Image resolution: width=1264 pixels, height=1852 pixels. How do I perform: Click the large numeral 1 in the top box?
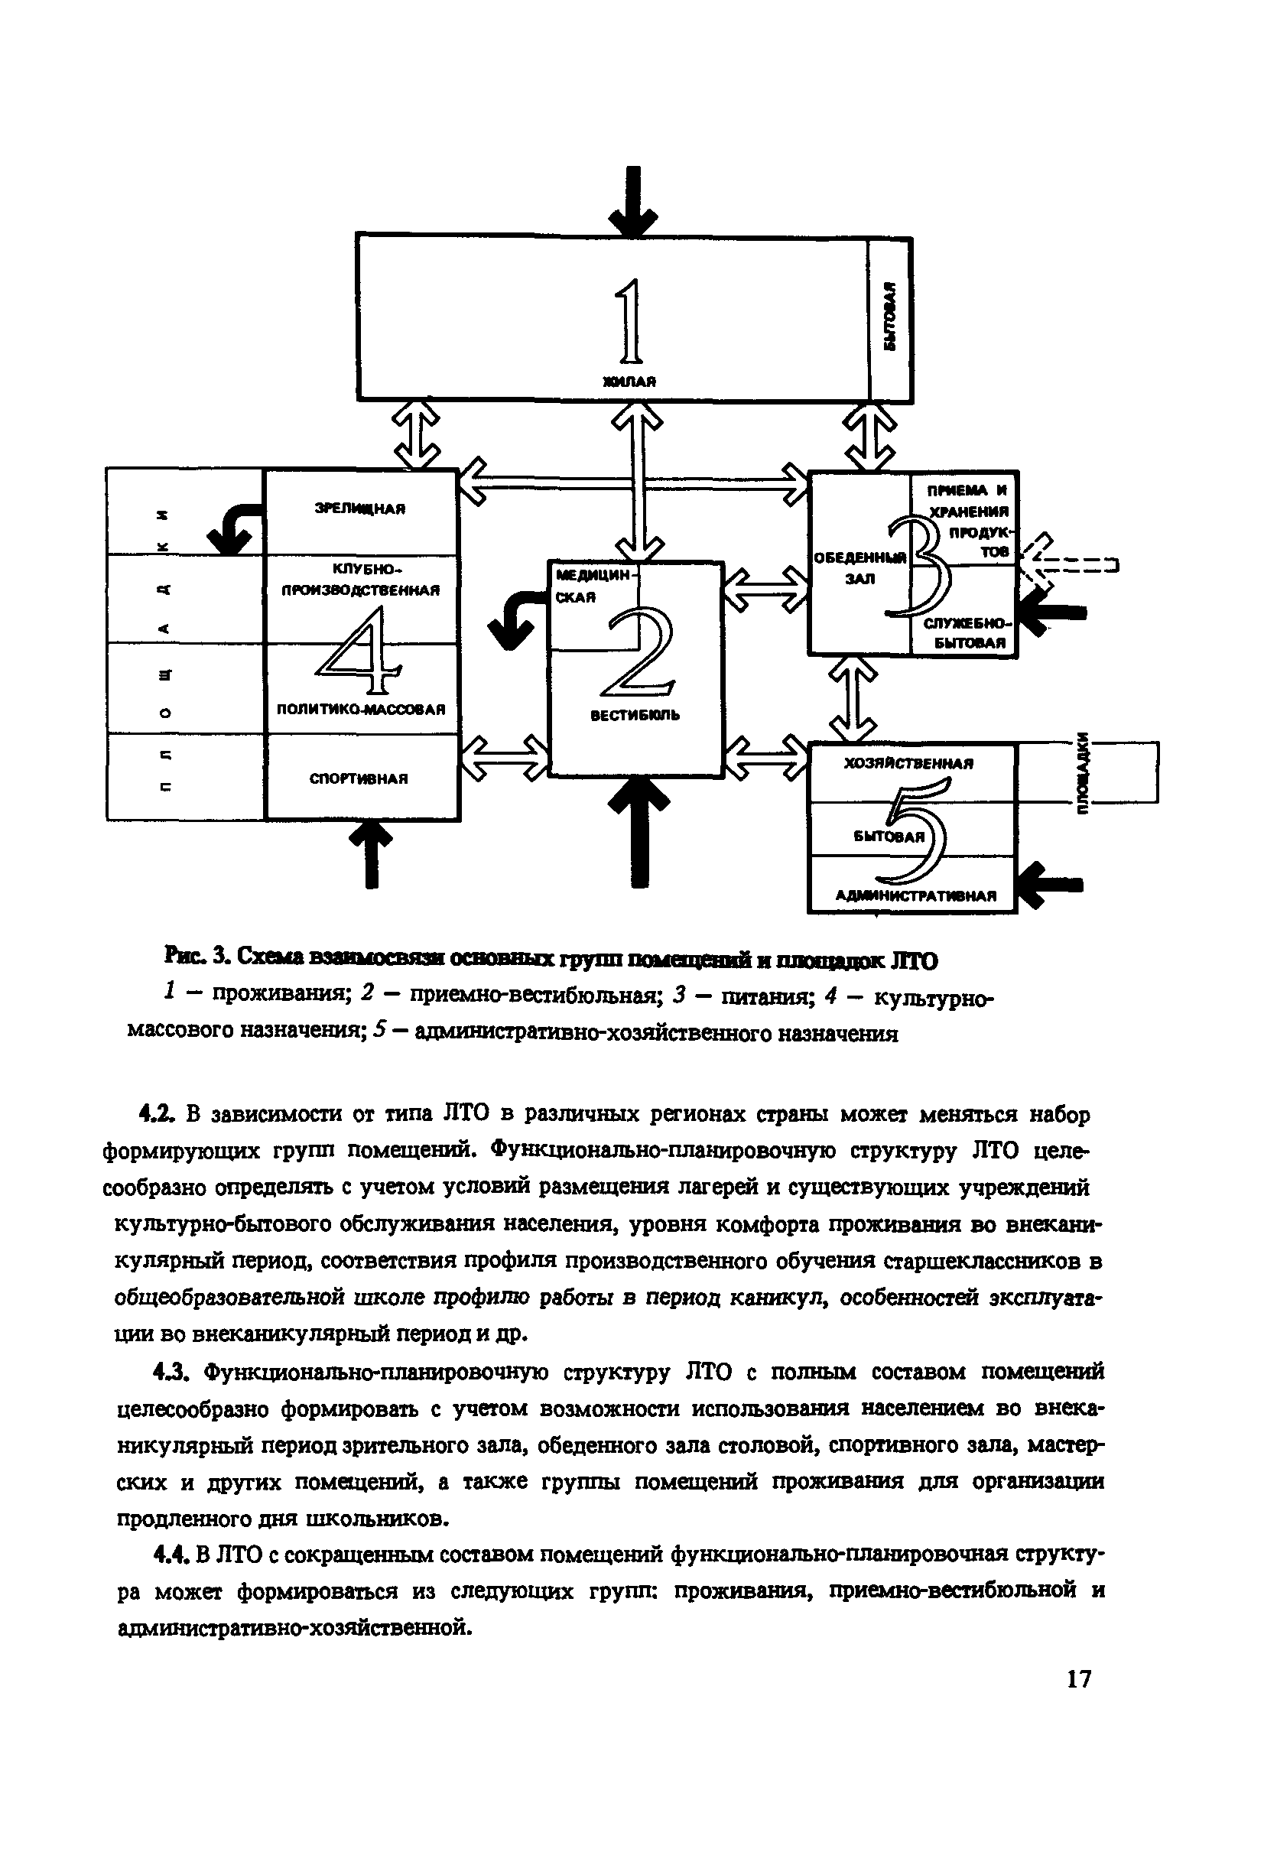coord(629,320)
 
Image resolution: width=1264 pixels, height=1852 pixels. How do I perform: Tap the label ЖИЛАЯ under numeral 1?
coord(629,382)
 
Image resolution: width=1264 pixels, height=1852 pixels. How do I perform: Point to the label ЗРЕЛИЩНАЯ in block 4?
coord(359,508)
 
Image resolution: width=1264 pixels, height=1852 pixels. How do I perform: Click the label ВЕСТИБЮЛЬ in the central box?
coord(635,716)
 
